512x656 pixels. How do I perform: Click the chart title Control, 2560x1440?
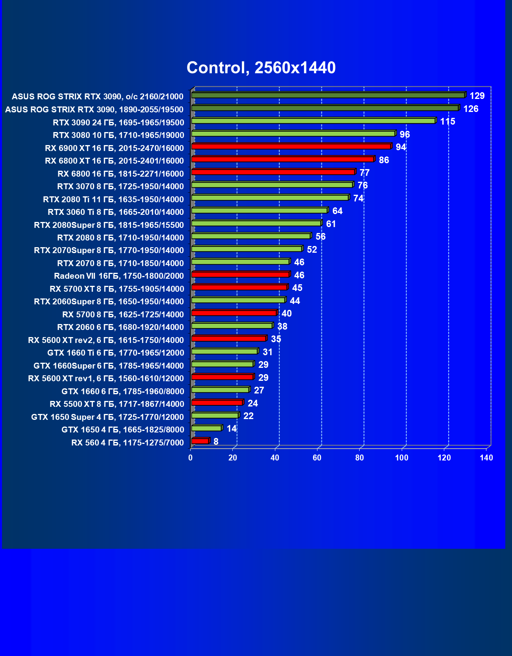(x=261, y=68)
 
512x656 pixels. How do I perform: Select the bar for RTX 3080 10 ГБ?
(x=293, y=134)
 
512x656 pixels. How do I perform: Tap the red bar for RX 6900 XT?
(x=291, y=147)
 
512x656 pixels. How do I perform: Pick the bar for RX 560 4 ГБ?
(x=200, y=441)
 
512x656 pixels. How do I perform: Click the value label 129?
(x=477, y=96)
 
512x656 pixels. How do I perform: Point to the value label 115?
(x=447, y=121)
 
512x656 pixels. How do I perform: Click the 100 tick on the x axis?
(x=402, y=458)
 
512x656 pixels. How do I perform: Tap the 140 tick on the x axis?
(x=486, y=458)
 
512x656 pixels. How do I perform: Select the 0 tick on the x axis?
(x=191, y=458)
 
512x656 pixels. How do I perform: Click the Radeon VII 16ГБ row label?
(x=119, y=276)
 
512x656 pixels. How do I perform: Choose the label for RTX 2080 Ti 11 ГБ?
(x=113, y=199)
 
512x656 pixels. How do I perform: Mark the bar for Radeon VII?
(x=240, y=274)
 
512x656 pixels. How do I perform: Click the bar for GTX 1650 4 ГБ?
(x=206, y=428)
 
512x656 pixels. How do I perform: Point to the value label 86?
(x=384, y=160)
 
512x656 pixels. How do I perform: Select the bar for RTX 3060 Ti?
(x=259, y=211)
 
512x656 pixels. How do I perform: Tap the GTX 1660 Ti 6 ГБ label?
(x=116, y=353)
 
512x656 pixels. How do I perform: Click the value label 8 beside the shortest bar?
(x=216, y=442)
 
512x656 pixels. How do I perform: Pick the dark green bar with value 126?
(x=325, y=108)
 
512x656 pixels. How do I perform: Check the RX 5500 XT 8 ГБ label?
(x=117, y=404)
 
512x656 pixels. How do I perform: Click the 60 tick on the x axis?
(x=317, y=458)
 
